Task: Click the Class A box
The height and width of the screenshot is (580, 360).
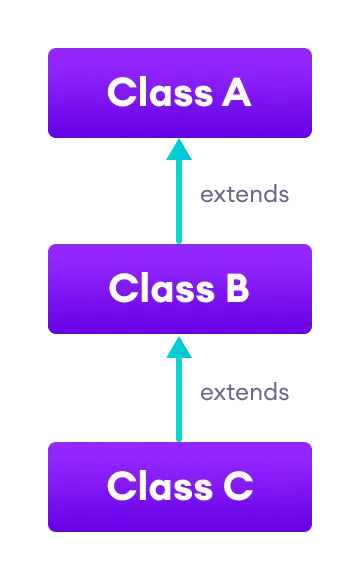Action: click(x=180, y=93)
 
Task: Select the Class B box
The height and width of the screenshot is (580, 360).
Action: click(x=180, y=289)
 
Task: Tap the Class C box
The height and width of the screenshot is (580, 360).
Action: click(x=180, y=487)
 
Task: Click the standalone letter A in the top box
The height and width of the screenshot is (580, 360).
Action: click(x=235, y=93)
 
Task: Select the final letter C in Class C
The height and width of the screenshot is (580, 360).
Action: click(x=236, y=487)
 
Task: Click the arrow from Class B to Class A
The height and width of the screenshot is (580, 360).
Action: click(x=179, y=195)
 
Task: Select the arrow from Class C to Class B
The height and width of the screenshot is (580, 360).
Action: click(x=179, y=392)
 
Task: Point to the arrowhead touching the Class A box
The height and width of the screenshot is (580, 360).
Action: click(x=179, y=150)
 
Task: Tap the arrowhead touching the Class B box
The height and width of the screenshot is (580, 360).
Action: click(x=179, y=347)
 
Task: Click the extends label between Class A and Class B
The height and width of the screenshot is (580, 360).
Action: click(x=245, y=194)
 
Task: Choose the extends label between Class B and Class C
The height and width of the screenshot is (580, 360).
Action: click(x=245, y=392)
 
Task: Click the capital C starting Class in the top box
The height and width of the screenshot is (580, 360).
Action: click(x=122, y=93)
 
